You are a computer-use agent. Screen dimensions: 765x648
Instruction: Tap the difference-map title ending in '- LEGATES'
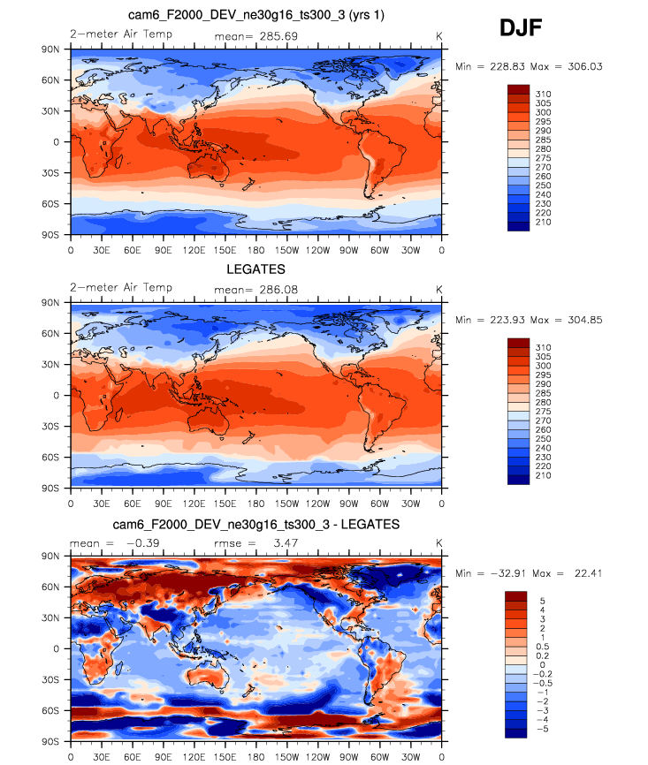point(256,524)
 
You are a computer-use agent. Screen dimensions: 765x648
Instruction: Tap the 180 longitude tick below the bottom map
point(256,756)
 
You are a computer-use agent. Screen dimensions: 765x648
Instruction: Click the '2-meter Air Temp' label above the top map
point(120,34)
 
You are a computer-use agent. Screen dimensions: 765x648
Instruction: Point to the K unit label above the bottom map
point(439,542)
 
